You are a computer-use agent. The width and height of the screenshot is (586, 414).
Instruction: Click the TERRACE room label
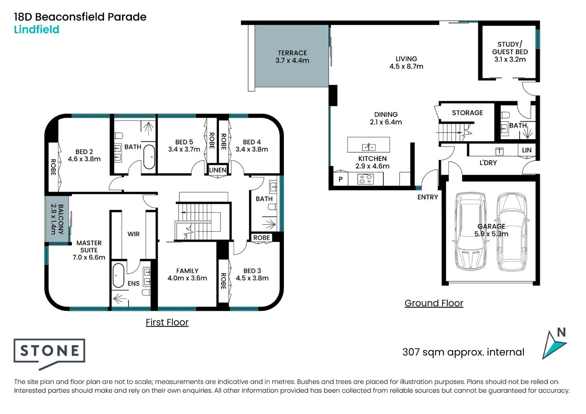point(292,53)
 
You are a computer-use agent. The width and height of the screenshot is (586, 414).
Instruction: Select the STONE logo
point(49,351)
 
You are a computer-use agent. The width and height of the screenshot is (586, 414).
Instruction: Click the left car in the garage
point(470,232)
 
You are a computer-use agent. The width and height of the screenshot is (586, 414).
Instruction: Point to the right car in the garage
point(512,232)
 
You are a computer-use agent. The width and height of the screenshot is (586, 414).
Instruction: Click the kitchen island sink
point(369,147)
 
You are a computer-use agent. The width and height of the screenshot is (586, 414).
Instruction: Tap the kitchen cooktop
point(365,179)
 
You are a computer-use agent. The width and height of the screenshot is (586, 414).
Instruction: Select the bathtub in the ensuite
point(118,275)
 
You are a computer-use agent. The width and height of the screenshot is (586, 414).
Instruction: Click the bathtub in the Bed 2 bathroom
point(149,157)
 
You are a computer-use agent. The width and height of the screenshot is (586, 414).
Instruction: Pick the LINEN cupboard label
point(217,170)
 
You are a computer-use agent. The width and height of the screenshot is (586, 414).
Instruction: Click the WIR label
point(133,234)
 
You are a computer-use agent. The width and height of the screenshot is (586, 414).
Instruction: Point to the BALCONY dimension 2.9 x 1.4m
point(53,219)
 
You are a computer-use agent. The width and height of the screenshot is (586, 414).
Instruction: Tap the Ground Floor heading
point(433,303)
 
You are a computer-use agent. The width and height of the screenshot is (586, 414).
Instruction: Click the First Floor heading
point(167,322)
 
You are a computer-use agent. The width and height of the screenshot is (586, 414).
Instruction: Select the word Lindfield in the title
point(36,30)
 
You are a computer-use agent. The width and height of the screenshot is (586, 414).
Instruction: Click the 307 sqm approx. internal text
point(463,352)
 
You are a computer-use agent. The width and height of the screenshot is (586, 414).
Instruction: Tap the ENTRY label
point(427,197)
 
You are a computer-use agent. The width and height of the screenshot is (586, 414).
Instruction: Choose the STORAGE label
point(467,113)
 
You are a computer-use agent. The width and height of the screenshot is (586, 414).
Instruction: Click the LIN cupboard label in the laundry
point(527,150)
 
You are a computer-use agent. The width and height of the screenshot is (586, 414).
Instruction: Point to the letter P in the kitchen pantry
point(340,179)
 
